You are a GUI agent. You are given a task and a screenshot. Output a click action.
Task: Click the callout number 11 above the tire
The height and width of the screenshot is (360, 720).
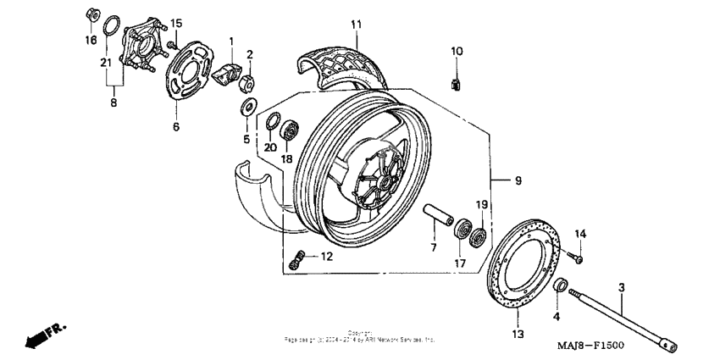point(357,23)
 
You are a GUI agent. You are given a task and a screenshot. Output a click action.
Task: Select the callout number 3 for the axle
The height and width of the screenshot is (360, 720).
point(621,289)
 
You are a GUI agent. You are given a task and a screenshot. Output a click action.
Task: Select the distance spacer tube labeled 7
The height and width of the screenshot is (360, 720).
point(437,213)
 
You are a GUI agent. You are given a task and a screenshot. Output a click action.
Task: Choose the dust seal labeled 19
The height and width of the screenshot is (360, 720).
point(479,235)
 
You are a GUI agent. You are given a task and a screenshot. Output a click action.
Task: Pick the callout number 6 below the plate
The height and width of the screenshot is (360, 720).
point(176,127)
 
